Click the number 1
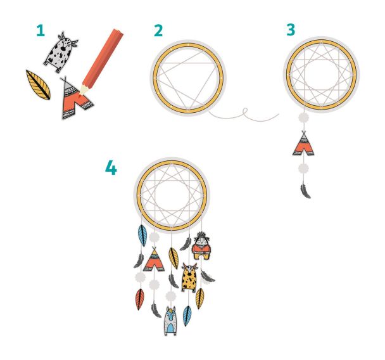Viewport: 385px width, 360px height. (x=41, y=30)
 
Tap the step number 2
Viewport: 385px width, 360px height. (x=158, y=30)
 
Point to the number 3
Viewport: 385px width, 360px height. (x=291, y=30)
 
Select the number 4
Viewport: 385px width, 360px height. (x=111, y=168)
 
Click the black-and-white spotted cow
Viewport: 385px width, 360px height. (x=60, y=52)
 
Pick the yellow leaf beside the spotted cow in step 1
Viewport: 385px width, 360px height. (x=38, y=85)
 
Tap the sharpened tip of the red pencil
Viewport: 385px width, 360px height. (x=80, y=94)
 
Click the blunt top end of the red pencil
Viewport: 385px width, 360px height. (x=118, y=32)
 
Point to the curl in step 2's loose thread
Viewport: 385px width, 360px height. (x=245, y=111)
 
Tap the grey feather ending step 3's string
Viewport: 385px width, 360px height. (x=305, y=190)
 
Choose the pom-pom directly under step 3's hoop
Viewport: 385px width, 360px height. (x=303, y=118)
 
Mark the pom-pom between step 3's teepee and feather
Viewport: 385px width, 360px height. (x=303, y=169)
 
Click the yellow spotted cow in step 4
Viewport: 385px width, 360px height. (x=189, y=278)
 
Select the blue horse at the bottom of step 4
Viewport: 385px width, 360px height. (x=170, y=321)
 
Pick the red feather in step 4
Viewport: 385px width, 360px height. (x=140, y=299)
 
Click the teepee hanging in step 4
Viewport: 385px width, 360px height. (x=154, y=259)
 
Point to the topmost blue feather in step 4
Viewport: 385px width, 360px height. (x=142, y=235)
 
